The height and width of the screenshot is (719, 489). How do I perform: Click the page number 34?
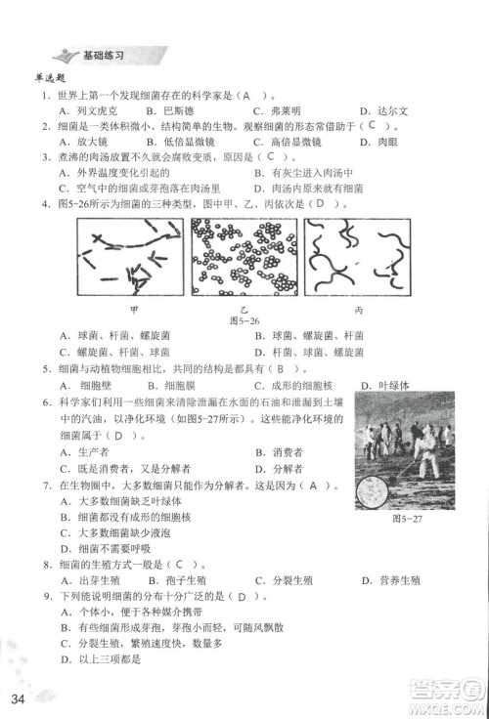pyautogui.click(x=18, y=698)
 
